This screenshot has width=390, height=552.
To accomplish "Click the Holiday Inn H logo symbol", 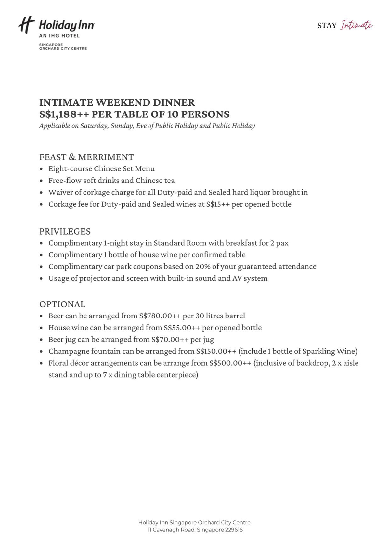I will click(x=26, y=25).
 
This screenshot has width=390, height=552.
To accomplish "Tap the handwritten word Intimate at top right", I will click(x=356, y=25).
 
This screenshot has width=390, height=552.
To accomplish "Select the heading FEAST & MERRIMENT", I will click(x=86, y=157).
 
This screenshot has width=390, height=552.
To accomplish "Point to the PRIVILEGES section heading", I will click(x=65, y=232).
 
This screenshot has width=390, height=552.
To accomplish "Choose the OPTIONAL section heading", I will click(x=62, y=304).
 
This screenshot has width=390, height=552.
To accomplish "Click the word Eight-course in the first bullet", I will click(x=70, y=169).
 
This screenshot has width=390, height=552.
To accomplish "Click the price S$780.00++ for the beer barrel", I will click(x=160, y=316).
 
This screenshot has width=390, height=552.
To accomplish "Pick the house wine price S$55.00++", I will click(x=182, y=328).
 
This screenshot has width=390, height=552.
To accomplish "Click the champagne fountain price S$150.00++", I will click(x=216, y=351).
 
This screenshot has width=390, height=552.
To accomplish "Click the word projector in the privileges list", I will click(x=95, y=278).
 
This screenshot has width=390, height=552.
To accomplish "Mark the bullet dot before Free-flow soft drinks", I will click(x=41, y=181).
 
